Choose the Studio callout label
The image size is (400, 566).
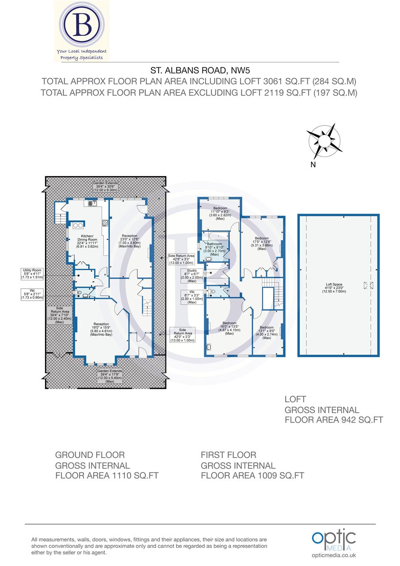191,275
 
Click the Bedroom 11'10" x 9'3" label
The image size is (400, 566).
220,213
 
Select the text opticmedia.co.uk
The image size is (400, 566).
334,555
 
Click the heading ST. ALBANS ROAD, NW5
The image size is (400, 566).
199,70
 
